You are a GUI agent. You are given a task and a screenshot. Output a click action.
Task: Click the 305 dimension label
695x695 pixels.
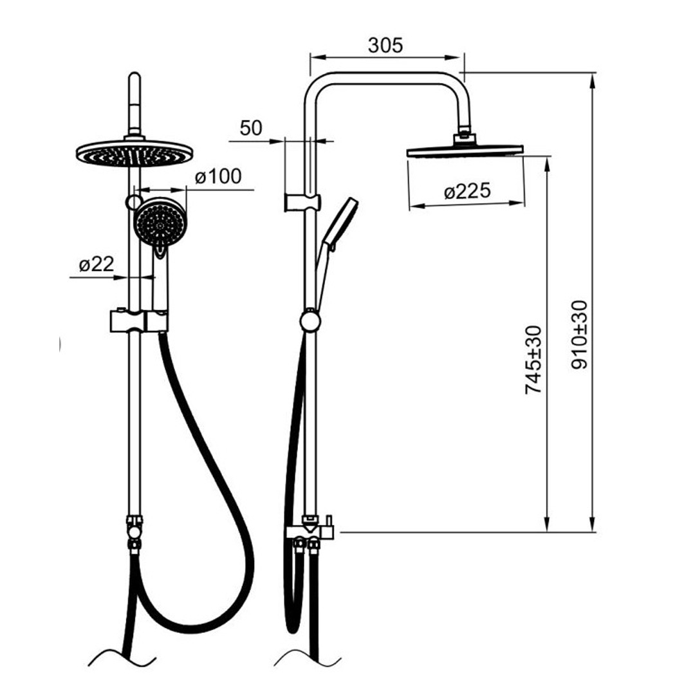pyautogui.click(x=385, y=45)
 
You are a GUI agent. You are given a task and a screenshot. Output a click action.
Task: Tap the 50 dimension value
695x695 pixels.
pyautogui.click(x=251, y=128)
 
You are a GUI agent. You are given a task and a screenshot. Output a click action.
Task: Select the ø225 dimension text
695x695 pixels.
pyautogui.click(x=467, y=191)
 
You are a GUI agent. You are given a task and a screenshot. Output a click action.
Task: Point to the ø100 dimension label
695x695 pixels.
pyautogui.click(x=218, y=176)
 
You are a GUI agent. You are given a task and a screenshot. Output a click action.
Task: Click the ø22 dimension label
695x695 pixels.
pyautogui.click(x=97, y=264)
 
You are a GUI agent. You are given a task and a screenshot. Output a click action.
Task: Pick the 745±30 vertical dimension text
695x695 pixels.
pyautogui.click(x=533, y=360)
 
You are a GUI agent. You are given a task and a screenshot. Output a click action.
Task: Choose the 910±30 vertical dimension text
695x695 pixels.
pyautogui.click(x=579, y=335)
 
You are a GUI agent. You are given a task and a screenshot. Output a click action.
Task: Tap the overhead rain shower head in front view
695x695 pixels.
pyautogui.click(x=134, y=153)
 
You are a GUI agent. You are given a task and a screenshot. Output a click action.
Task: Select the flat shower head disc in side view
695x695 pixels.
pyautogui.click(x=465, y=151)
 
